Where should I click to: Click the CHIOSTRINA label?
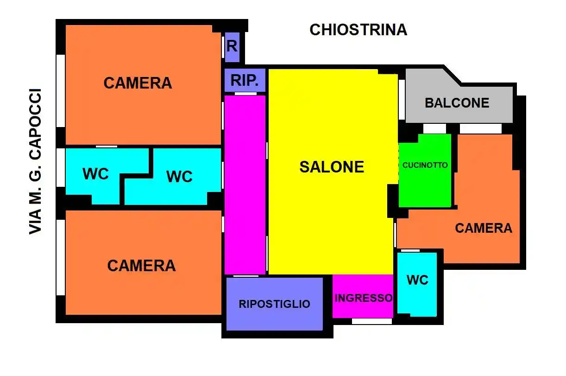pos(358,30)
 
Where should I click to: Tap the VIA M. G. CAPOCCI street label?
pos(35,162)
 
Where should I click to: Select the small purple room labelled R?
pos(232,47)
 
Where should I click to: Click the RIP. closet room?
pos(245,80)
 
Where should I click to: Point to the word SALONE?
pos(332,167)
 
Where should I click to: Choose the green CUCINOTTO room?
pos(425,171)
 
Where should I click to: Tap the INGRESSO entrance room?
pos(363,296)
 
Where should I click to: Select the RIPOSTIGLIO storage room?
pos(274,304)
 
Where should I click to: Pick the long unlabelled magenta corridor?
pos(245,185)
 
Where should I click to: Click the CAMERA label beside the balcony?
pos(484,228)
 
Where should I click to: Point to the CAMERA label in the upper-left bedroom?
pos(138,83)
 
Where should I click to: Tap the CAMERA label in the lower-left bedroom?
pos(141,266)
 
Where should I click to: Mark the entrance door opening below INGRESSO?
pos(372,321)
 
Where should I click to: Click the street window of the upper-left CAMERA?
pos(60,91)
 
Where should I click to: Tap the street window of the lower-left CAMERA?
pos(60,257)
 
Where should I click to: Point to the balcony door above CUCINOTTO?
pos(434,128)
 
